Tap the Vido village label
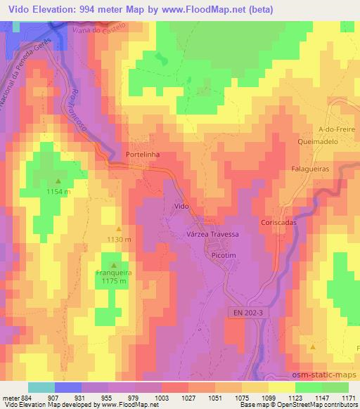181,205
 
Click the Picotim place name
226,257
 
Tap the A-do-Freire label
334,129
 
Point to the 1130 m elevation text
119,240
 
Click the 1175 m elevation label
113,282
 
